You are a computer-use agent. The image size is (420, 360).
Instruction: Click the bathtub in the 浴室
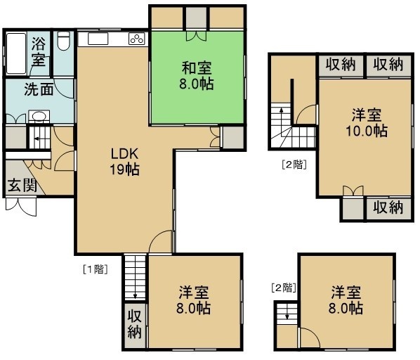(x=16, y=53)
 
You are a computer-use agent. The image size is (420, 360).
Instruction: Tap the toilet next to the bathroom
(x=63, y=41)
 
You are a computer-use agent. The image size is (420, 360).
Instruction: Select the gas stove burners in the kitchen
(x=137, y=39)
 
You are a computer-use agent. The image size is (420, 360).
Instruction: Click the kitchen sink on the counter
(x=98, y=39)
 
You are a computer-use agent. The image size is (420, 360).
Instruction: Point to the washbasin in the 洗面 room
(x=39, y=117)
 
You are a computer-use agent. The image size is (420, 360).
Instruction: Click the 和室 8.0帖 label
(x=197, y=76)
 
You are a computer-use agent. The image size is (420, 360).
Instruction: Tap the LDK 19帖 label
(x=124, y=162)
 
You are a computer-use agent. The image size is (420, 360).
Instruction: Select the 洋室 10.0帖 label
(x=367, y=123)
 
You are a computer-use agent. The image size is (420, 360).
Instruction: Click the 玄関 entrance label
(x=22, y=186)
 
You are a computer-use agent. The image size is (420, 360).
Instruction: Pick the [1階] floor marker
(x=96, y=269)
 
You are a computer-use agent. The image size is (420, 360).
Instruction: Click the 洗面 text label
(x=39, y=89)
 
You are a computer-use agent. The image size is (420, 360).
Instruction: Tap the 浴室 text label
(x=39, y=51)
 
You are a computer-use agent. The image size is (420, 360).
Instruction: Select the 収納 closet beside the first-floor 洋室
(x=134, y=325)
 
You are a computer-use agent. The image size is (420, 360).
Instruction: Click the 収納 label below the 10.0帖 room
(x=388, y=207)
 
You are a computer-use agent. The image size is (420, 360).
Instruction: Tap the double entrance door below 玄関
(x=21, y=207)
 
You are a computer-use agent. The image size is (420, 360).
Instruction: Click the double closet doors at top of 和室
(x=197, y=36)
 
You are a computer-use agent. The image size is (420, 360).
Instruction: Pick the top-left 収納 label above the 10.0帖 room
(x=341, y=65)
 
